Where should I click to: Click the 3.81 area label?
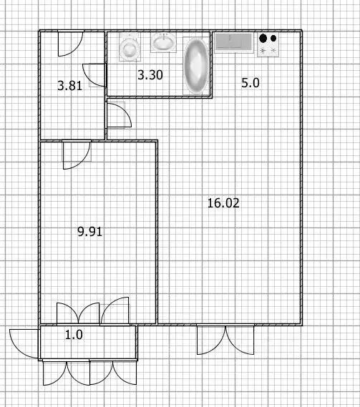click(69, 86)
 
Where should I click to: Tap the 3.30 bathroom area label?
click(150, 75)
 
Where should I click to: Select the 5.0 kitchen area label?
click(250, 83)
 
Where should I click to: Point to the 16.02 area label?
click(223, 202)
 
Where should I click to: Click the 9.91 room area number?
click(90, 231)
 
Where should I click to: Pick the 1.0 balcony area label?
click(74, 335)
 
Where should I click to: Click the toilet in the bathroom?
click(129, 47)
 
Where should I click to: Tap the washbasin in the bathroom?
click(163, 42)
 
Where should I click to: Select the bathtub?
click(196, 66)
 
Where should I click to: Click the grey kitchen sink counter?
click(234, 43)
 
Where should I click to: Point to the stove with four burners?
click(268, 44)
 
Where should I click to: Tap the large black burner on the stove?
click(263, 38)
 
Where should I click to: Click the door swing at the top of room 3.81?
click(70, 44)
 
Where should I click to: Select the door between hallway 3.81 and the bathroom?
click(94, 75)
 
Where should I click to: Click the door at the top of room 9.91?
click(77, 155)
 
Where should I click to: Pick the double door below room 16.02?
click(225, 340)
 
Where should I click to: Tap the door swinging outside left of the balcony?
click(24, 344)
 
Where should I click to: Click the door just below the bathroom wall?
click(120, 115)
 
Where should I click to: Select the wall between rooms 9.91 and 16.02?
click(157, 232)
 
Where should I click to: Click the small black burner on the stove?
click(273, 39)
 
